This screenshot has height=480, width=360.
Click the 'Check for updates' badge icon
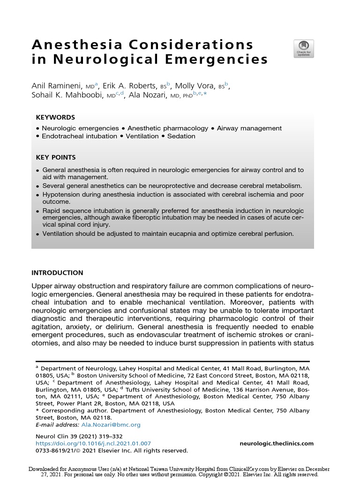click(303, 49)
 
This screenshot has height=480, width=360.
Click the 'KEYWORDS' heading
click(55, 117)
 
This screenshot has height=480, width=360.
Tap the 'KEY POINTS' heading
click(56, 157)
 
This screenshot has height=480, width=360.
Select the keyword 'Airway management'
click(249, 128)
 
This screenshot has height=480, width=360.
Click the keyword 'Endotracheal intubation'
click(79, 136)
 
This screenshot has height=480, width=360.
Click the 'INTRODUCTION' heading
click(57, 273)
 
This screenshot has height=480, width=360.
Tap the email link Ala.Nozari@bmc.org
click(111, 425)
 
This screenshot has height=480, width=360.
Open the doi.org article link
click(93, 443)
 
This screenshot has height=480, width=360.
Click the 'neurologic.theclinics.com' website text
click(276, 443)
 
